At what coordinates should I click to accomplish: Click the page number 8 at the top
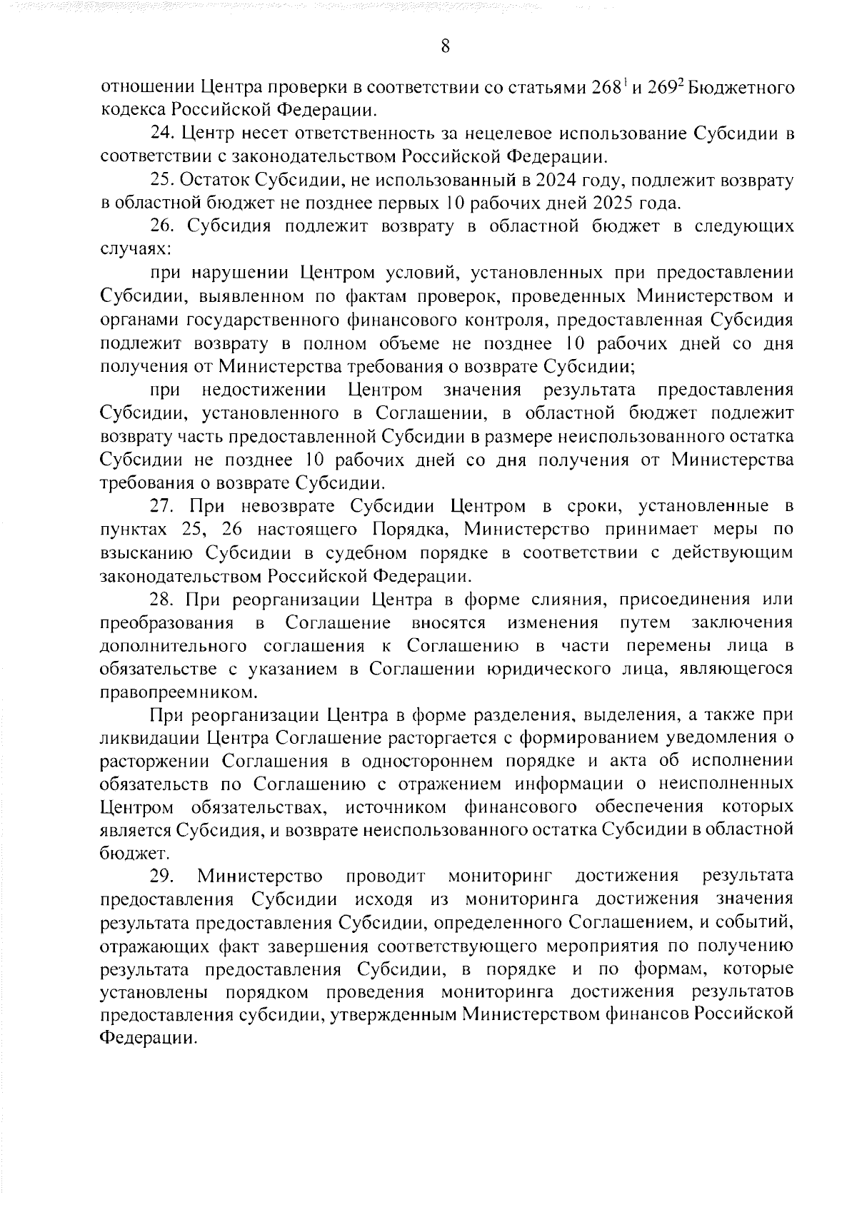[445, 47]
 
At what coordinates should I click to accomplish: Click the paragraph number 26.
[164, 227]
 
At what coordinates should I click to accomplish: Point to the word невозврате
[279, 506]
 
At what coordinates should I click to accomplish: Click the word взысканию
[145, 553]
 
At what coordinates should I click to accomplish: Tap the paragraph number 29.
[163, 877]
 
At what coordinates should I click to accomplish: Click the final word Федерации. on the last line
[147, 1039]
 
